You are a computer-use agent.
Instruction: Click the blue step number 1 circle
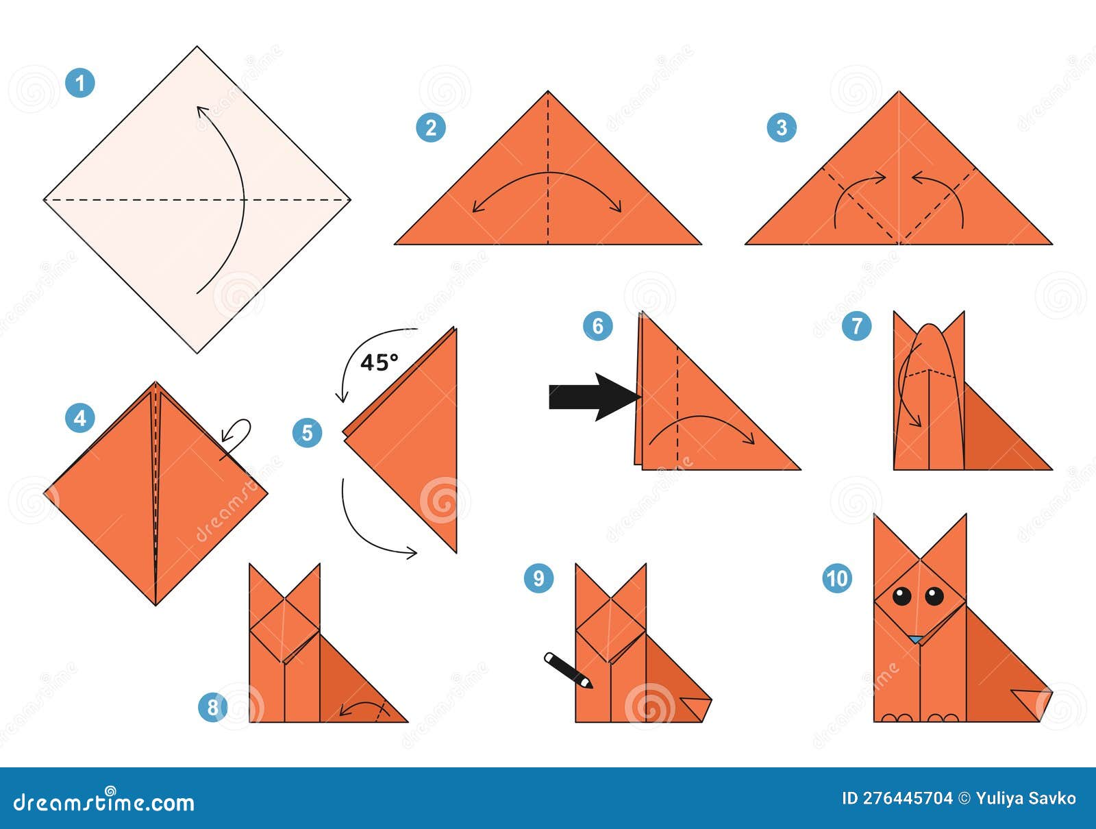pyautogui.click(x=80, y=83)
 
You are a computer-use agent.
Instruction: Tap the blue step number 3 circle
pyautogui.click(x=782, y=127)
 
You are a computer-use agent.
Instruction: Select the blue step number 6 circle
pyautogui.click(x=597, y=325)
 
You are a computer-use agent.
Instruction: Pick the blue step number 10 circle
pyautogui.click(x=837, y=578)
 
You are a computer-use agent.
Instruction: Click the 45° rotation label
pyautogui.click(x=379, y=362)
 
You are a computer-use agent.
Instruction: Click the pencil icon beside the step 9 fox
pyautogui.click(x=568, y=669)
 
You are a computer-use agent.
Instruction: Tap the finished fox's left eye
pyautogui.click(x=902, y=595)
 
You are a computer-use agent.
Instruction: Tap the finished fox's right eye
pyautogui.click(x=934, y=595)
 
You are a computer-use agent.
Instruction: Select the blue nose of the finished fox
pyautogui.click(x=916, y=639)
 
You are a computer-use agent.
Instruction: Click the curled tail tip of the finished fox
pyautogui.click(x=1034, y=702)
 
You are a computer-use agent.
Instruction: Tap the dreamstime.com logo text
pyautogui.click(x=104, y=802)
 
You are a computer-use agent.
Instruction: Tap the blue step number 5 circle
pyautogui.click(x=307, y=432)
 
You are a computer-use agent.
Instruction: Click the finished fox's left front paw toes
pyautogui.click(x=897, y=717)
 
